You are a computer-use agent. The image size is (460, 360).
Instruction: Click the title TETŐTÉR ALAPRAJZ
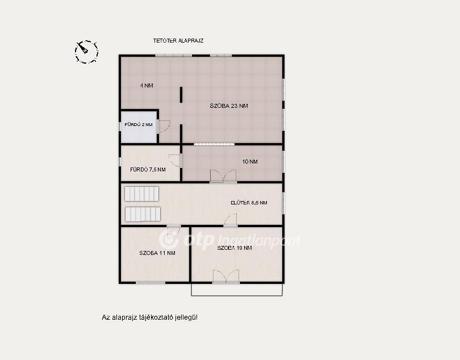178,40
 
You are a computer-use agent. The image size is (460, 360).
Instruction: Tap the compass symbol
86,52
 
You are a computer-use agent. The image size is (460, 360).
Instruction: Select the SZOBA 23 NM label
229,106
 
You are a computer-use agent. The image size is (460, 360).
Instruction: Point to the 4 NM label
147,86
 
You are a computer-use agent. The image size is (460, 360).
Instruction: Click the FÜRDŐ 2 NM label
139,124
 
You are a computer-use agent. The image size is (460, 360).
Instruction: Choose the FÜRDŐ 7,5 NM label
148,170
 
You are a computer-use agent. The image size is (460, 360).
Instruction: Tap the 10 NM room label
250,161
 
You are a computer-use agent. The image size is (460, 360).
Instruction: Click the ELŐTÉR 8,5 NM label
249,203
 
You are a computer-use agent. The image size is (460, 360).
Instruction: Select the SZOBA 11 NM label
157,253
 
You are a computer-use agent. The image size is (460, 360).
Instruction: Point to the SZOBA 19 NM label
235,248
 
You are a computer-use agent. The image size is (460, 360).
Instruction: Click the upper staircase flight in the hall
142,194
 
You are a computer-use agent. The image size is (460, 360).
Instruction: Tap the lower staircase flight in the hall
143,214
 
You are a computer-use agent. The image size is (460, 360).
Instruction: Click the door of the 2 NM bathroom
164,127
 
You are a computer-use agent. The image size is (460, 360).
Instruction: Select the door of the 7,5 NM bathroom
175,161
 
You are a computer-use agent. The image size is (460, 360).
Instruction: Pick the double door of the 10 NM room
223,176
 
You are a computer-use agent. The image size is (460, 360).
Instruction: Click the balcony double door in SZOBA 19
226,277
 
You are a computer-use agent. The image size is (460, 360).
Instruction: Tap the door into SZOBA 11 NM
173,231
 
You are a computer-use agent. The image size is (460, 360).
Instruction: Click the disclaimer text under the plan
149,317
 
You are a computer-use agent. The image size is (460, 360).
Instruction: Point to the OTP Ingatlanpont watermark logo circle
169,240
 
